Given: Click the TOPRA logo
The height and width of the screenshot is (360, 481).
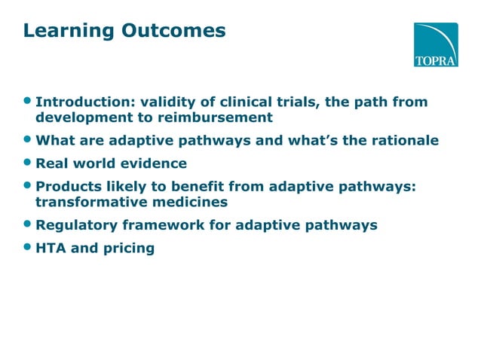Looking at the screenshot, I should click(435, 44).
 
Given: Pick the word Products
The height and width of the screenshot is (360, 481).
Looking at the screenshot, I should click(66, 186).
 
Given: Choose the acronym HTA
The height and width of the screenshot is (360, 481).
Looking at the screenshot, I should click(50, 247).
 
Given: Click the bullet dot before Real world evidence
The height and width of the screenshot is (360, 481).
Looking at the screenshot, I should click(28, 163).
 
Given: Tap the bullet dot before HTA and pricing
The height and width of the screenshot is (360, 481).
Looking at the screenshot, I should click(28, 247).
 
